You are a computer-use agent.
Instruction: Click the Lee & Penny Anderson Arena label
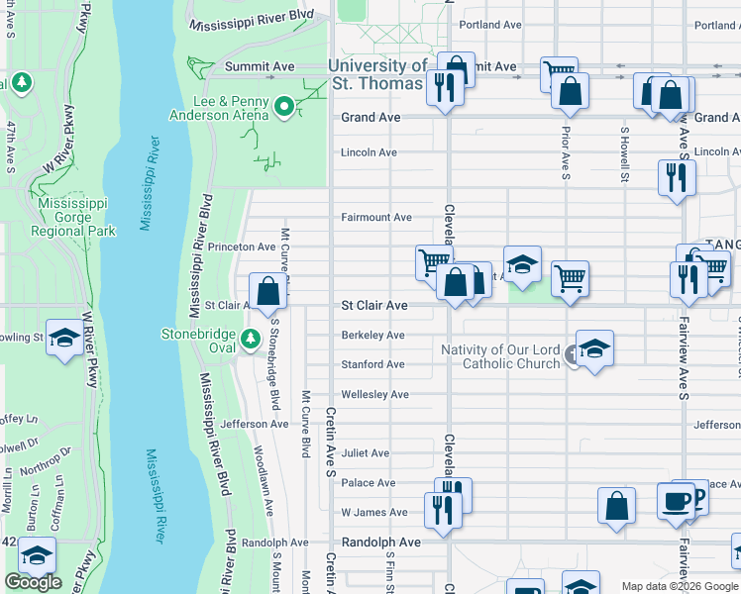point(218,108)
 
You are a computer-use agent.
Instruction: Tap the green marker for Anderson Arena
point(284,106)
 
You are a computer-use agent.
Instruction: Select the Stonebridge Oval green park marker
point(252,338)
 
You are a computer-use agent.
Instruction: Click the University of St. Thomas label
point(377,73)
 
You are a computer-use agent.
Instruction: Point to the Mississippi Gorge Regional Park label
point(73,217)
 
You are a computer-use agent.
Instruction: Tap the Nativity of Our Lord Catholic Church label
point(500,356)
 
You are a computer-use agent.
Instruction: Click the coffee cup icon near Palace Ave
point(677,502)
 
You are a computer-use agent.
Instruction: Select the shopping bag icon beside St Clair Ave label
point(267,292)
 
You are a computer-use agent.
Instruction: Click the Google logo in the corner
point(33,582)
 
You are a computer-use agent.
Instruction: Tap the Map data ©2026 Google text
point(679,586)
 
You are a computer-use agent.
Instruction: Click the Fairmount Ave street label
point(376,217)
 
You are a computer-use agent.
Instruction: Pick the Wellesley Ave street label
point(375,395)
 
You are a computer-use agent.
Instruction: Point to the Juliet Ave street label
point(366,453)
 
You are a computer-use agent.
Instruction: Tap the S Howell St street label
point(624,154)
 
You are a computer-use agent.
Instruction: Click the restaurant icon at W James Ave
point(441,509)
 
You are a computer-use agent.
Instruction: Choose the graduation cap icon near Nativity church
point(594,348)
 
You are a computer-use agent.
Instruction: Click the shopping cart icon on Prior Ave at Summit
point(559,74)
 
